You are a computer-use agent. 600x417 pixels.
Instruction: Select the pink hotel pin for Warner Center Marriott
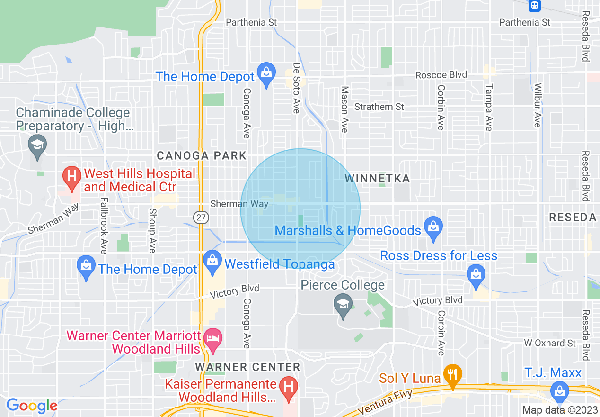pos(213,339)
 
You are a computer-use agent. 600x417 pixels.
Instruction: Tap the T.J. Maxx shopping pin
pos(559,391)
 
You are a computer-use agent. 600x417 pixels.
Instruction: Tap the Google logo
pos(32,406)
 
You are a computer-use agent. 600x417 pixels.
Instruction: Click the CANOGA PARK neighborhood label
pos(202,155)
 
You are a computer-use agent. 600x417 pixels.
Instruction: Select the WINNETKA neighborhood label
pos(377,178)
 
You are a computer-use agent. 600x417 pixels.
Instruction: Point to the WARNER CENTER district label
pos(247,367)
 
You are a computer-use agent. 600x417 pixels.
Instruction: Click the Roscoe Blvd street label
pos(441,75)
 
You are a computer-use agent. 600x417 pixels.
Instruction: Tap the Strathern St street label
pos(379,107)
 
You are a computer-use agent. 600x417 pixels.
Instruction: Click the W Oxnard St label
pos(550,343)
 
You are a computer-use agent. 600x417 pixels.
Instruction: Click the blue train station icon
pos(534,5)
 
